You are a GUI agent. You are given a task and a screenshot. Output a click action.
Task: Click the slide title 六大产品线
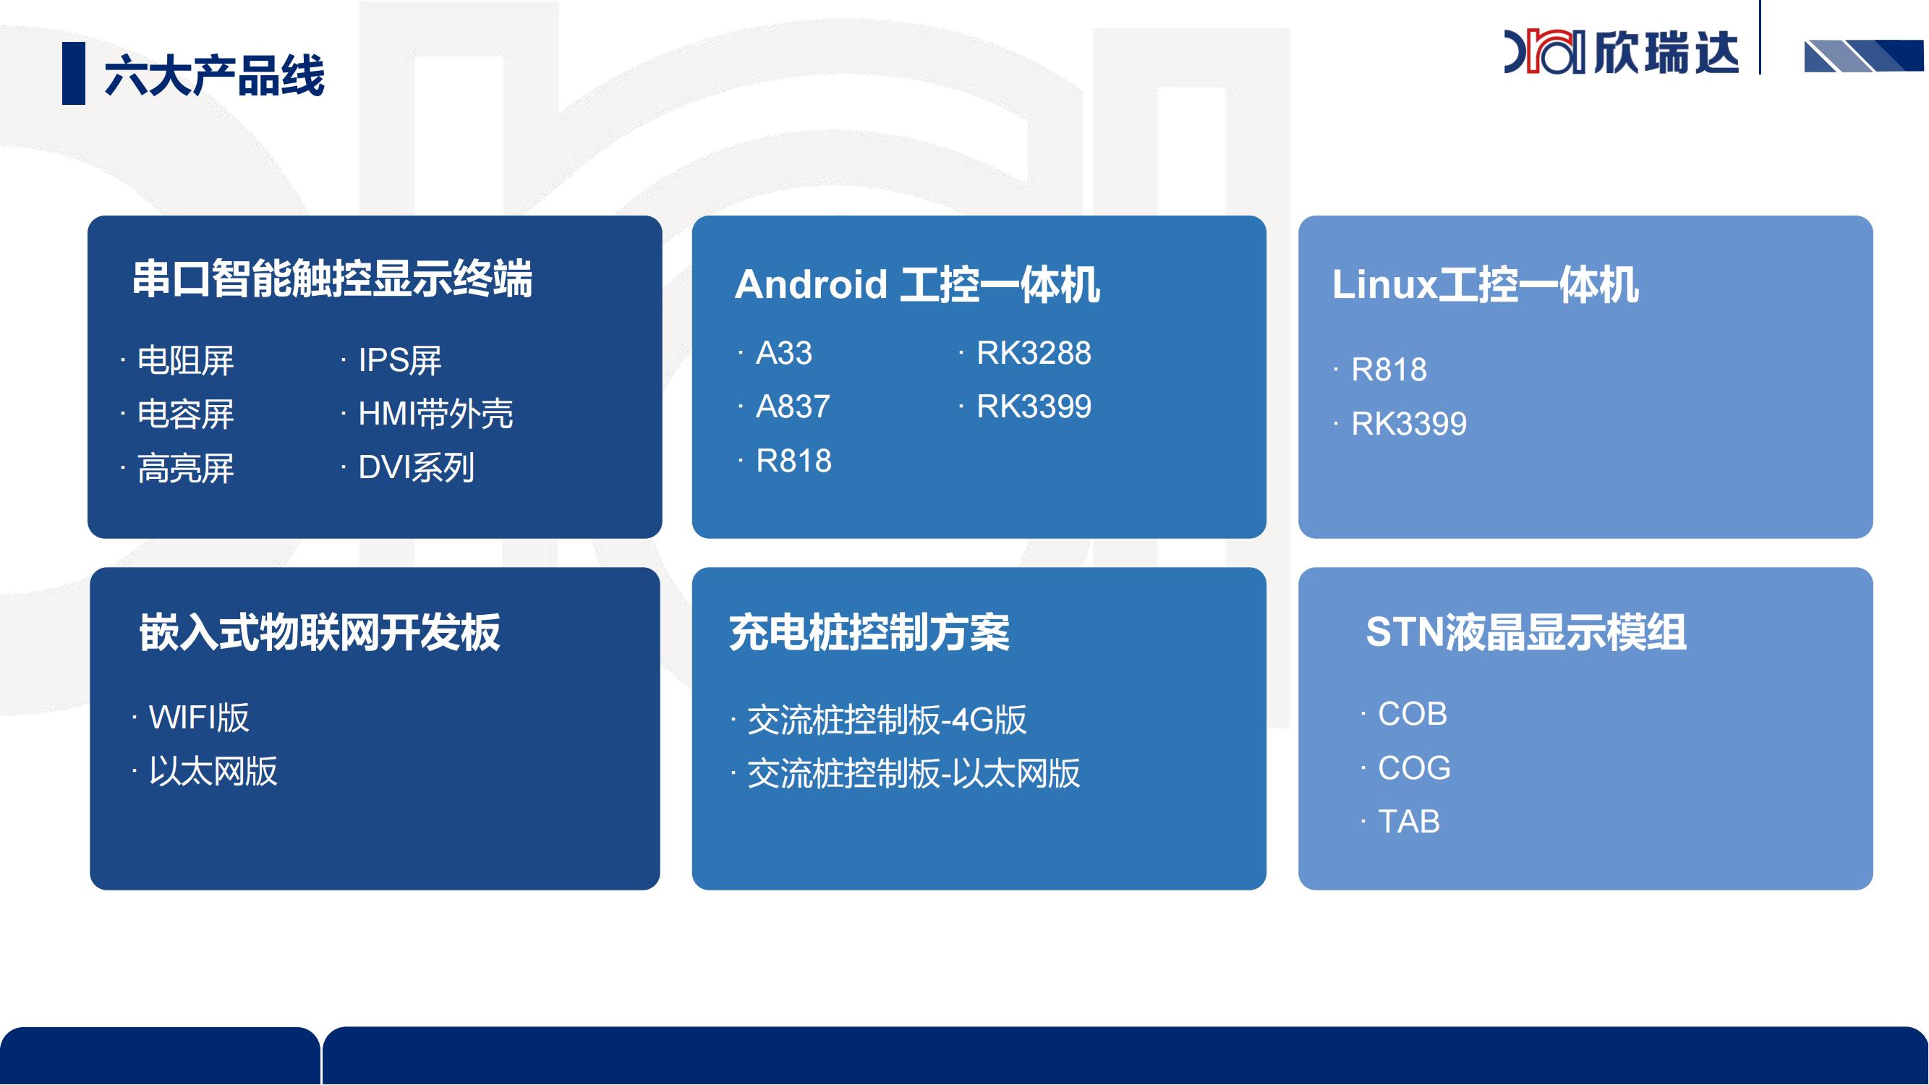point(214,75)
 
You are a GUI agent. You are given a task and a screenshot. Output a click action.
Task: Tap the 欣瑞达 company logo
point(1621,51)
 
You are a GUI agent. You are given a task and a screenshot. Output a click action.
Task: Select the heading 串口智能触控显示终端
point(333,278)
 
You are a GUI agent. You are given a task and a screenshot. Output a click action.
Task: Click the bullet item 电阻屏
point(185,360)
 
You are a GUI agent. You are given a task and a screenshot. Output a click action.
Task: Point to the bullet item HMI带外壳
point(435,414)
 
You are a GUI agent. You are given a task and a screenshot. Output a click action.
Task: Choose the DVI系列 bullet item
point(416,468)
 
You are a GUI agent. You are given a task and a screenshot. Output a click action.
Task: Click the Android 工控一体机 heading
point(917,284)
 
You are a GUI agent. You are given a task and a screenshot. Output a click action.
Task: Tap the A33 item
point(783,353)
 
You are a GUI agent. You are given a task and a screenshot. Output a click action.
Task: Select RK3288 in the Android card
point(1034,353)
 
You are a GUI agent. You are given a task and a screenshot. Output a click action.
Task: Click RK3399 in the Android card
point(1034,407)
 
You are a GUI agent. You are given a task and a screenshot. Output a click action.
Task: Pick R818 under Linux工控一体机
point(1388,370)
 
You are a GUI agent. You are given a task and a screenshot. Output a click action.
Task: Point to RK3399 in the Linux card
point(1408,424)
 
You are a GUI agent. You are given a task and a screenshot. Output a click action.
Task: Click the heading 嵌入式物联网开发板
point(320,633)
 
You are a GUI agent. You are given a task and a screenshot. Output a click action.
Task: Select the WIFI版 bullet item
point(198,718)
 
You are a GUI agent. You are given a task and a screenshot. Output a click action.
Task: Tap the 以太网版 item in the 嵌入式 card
point(213,771)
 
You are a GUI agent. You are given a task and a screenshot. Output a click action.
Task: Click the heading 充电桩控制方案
point(869,633)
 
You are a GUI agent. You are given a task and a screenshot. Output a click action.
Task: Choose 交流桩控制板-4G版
point(887,720)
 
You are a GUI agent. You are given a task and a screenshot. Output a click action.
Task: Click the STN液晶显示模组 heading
point(1526,632)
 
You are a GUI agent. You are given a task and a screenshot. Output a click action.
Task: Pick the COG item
point(1414,768)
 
